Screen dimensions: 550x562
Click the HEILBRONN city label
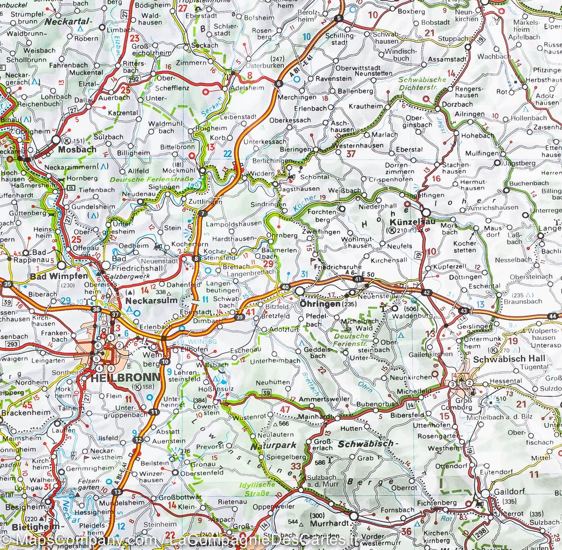(x=119, y=378)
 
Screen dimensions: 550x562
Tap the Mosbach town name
(x=77, y=149)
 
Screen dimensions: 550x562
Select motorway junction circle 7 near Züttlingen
(x=202, y=214)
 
